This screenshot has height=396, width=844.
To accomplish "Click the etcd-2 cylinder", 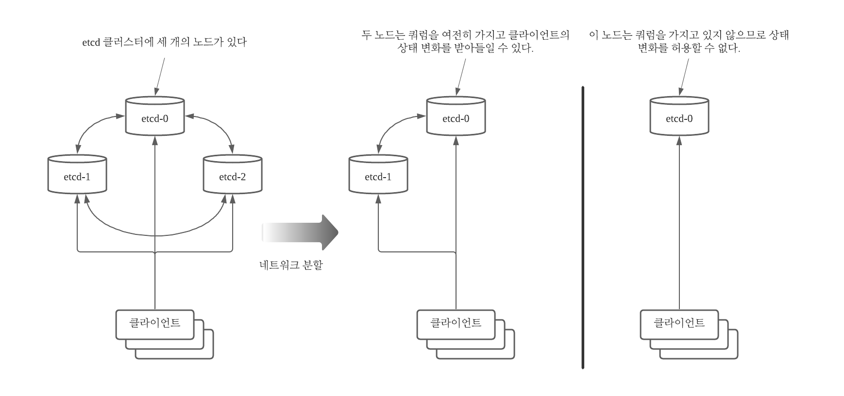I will pos(233,174).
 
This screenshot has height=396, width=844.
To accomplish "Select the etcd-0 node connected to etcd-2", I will pos(155,116).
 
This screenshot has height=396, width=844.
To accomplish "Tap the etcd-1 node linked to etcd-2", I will pos(77,174).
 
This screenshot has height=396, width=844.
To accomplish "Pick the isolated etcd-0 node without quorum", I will pos(679,116).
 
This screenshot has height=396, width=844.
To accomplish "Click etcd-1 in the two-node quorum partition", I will pos(378,174).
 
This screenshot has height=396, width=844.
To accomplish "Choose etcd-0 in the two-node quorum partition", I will pos(456,116).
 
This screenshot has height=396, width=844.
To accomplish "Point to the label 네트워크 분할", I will pos(291,265).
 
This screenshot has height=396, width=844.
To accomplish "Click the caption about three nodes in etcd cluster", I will pos(165,42).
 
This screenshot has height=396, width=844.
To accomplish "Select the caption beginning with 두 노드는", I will pos(465,42).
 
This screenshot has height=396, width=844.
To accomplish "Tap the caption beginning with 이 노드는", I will pos(689,42).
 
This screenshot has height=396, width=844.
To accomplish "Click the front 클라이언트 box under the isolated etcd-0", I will pos(679,324).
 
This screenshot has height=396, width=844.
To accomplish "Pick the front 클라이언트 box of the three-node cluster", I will pos(155,324).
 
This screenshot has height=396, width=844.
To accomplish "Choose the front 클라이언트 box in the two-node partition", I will pos(456,324).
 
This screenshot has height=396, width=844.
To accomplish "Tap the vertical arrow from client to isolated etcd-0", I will pos(679,223).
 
